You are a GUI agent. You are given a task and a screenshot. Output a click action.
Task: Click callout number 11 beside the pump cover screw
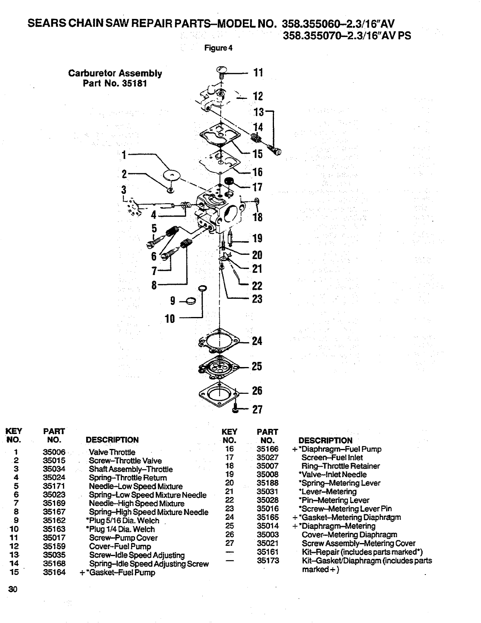(258, 72)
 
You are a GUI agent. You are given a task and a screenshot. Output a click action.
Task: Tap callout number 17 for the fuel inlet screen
(257, 187)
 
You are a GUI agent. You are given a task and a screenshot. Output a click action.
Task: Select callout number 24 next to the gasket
(257, 341)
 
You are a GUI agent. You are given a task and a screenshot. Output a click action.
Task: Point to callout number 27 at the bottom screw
(257, 410)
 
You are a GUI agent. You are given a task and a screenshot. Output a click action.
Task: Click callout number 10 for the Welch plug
(170, 319)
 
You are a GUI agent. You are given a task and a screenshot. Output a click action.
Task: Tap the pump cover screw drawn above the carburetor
(222, 72)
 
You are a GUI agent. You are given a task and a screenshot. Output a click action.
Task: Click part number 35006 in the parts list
(54, 452)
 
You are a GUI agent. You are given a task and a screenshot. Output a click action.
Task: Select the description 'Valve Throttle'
(112, 452)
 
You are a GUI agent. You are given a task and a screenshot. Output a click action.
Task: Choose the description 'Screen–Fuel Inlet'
(332, 458)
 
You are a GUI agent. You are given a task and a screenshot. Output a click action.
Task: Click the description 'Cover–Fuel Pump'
(120, 546)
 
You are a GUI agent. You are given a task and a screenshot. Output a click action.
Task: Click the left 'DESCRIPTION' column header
(112, 440)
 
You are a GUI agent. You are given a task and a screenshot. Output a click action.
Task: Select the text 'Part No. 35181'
(115, 83)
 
